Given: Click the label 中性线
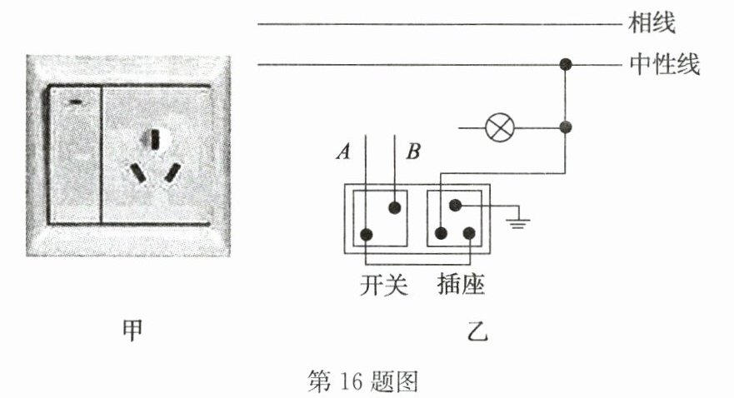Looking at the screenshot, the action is [665, 64].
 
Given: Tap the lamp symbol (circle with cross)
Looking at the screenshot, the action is [500, 128].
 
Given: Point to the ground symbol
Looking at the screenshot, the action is [519, 221].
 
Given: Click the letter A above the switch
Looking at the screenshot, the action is [342, 152].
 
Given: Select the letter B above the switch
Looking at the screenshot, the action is [414, 152].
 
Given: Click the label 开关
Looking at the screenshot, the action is [384, 286].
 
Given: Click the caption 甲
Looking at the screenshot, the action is [132, 331].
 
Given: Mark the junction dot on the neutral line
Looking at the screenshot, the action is [567, 64].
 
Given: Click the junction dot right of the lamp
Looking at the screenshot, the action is [567, 128].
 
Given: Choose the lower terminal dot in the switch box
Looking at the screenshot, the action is [367, 234].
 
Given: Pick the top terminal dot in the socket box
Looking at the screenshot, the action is [455, 206].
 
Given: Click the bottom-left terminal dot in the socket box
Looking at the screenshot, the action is [441, 234].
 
